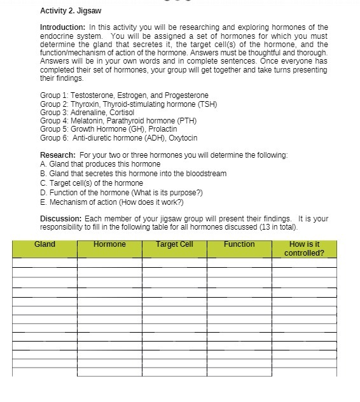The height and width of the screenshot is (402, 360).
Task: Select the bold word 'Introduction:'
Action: (x=63, y=28)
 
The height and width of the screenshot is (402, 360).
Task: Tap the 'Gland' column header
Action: (x=45, y=245)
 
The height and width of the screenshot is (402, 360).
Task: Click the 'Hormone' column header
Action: (x=109, y=245)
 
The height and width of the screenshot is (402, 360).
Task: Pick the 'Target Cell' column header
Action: (x=174, y=245)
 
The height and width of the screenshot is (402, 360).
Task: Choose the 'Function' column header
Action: (x=239, y=245)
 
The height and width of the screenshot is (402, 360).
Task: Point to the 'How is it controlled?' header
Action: (x=304, y=249)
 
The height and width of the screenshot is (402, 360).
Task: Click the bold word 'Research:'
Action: (x=57, y=155)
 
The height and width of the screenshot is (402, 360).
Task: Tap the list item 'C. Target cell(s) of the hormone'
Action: (x=92, y=183)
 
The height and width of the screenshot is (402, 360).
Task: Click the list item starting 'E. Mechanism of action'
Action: (x=111, y=202)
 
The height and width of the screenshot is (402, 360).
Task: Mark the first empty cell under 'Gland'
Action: (x=45, y=263)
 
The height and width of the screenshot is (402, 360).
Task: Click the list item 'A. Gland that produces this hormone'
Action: (x=100, y=164)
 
